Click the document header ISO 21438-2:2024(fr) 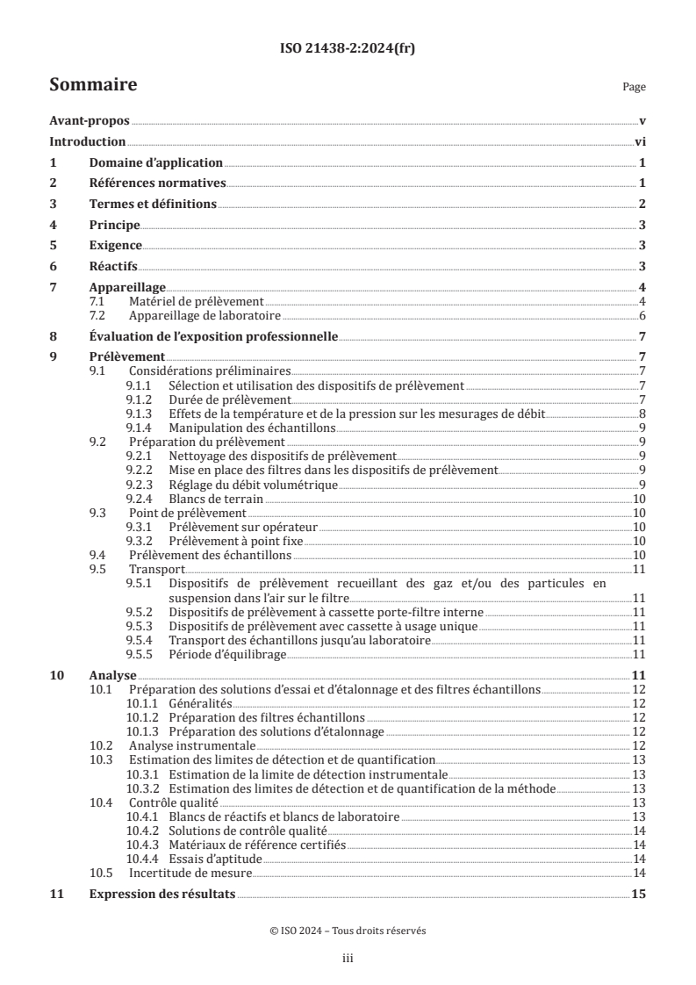tap(348, 48)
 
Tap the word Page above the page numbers tap(634, 87)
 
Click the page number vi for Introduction tap(640, 142)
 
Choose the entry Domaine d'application tap(156, 163)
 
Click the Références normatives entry tap(158, 183)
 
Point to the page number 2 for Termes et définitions tap(642, 204)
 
